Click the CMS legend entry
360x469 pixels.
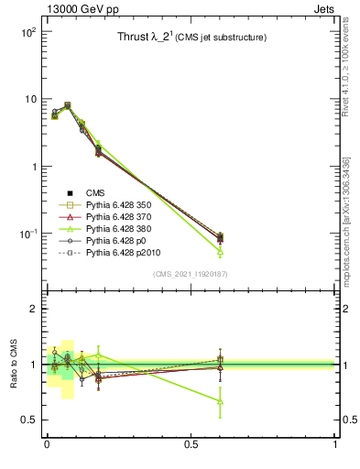(x=97, y=192)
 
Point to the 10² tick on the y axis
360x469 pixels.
(x=27, y=31)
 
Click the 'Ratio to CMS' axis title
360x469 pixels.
(x=14, y=365)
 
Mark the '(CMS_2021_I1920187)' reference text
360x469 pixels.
(x=191, y=274)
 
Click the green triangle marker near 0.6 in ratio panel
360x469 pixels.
(x=220, y=401)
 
